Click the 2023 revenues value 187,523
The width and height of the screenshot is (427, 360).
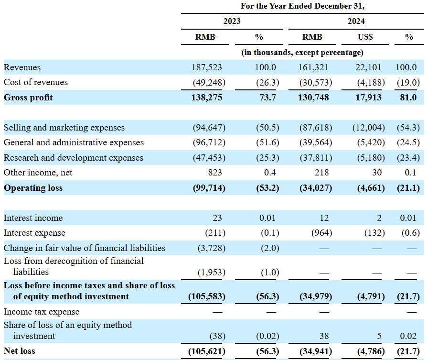click(x=207, y=67)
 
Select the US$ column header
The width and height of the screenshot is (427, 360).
click(x=365, y=37)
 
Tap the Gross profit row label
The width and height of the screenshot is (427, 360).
click(x=28, y=98)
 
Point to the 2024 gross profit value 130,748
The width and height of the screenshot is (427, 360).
click(x=313, y=98)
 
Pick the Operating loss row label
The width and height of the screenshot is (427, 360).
click(x=33, y=188)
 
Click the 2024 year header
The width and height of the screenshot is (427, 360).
click(x=356, y=21)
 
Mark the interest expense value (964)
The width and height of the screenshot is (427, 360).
click(x=321, y=233)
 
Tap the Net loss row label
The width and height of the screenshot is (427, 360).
click(x=19, y=351)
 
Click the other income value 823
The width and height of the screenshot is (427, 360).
click(x=215, y=173)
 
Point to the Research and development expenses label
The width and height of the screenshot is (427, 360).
click(x=73, y=158)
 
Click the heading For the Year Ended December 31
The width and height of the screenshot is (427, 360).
click(x=302, y=6)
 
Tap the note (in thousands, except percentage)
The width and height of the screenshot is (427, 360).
click(x=302, y=52)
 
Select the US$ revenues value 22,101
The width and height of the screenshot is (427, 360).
click(x=368, y=67)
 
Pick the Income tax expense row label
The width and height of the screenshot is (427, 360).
click(x=42, y=312)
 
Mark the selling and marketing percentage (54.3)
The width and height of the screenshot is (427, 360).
click(x=408, y=128)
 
